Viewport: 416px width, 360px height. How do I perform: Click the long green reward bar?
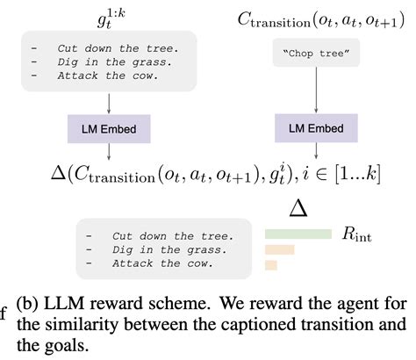pyautogui.click(x=298, y=234)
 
